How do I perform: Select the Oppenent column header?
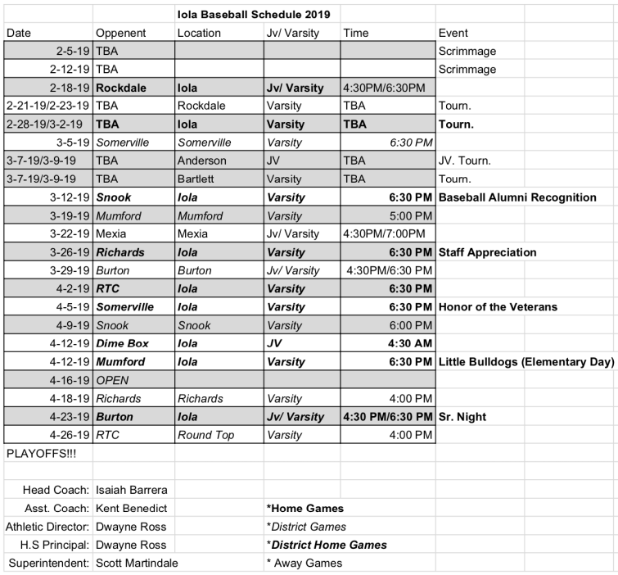tap(120, 33)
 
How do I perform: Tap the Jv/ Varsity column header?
tap(292, 33)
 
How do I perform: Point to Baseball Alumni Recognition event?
tap(517, 197)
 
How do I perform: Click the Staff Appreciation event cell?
tap(487, 252)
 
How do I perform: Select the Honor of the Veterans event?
tap(498, 307)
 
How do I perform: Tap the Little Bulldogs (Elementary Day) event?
tap(526, 362)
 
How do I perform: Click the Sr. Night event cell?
tap(462, 417)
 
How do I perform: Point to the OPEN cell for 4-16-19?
tap(113, 380)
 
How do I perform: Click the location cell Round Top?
tap(205, 435)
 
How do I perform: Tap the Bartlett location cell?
tap(197, 179)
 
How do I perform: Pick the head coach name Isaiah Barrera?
tap(131, 490)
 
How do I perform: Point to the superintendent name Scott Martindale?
tap(137, 563)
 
